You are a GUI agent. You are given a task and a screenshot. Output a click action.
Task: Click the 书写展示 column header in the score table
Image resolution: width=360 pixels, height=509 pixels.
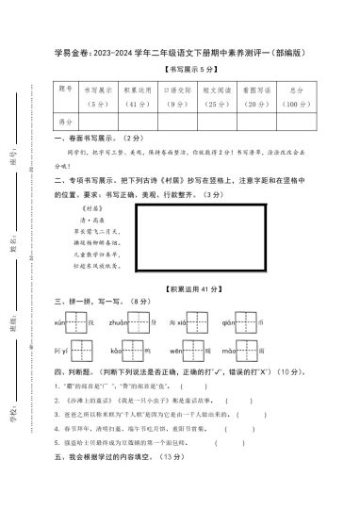click(98, 94)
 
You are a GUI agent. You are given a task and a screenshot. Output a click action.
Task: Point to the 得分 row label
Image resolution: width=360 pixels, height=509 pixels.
click(64, 122)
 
